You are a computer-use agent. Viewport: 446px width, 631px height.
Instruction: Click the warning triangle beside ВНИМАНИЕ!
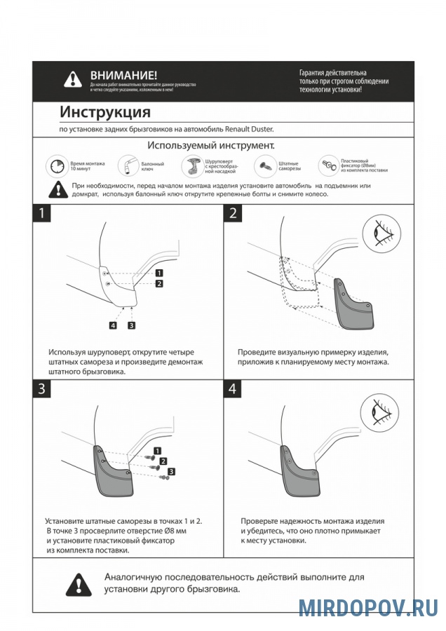73,79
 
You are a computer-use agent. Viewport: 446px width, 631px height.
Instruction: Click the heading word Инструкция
104,112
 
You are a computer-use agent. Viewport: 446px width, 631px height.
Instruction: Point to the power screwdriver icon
191,166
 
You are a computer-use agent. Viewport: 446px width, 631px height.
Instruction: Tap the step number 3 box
42,390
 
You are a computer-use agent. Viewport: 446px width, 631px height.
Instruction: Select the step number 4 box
233,390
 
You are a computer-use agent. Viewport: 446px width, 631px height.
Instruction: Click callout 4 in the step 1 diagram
113,325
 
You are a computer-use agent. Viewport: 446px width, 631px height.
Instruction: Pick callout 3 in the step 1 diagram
131,325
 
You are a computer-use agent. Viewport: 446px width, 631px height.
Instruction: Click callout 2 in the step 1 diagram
160,283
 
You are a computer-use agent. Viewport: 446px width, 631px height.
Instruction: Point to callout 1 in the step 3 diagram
158,449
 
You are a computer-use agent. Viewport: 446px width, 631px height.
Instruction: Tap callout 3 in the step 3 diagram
171,471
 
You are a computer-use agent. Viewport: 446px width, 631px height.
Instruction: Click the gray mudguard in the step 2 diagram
355,303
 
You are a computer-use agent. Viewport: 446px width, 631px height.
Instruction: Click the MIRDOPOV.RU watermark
367,607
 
